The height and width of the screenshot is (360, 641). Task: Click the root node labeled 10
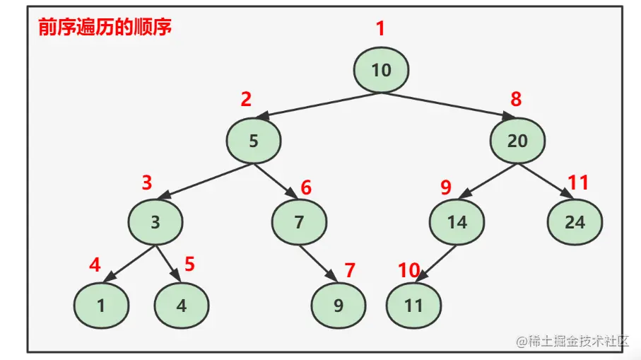[x=382, y=70]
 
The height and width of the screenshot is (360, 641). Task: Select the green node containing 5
[x=254, y=141]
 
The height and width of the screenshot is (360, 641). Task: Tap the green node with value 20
[x=517, y=141]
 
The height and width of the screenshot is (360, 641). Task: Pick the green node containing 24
[x=575, y=222]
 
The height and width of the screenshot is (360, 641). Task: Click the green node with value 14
[x=457, y=222]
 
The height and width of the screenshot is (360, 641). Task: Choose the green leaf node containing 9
[x=339, y=306]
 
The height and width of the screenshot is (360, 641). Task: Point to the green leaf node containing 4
[x=182, y=306]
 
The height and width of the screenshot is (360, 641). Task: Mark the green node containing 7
[x=299, y=222]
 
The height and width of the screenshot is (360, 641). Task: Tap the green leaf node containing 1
[x=101, y=306]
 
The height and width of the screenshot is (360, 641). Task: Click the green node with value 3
[x=155, y=222]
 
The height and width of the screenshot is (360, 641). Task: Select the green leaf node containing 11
[x=413, y=306]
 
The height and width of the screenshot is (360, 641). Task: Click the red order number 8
[x=516, y=100]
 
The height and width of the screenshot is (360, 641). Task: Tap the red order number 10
[x=408, y=269]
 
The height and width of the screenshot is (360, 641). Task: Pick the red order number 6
[x=306, y=188]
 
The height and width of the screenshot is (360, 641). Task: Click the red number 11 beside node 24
[x=578, y=183]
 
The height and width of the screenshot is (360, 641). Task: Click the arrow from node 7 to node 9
[x=319, y=262]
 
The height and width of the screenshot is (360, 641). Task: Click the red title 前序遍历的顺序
[x=104, y=28]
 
